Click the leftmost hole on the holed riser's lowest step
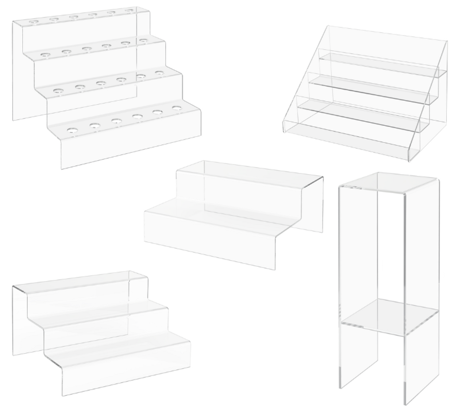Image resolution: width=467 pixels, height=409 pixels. pyautogui.click(x=72, y=130)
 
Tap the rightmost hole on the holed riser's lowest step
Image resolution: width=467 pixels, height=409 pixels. pyautogui.click(x=177, y=108)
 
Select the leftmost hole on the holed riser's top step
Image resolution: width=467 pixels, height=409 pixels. pyautogui.click(x=33, y=22)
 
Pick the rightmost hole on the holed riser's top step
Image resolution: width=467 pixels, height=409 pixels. pyautogui.click(x=129, y=11)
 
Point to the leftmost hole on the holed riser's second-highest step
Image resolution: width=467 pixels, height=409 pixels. pyautogui.click(x=45, y=55)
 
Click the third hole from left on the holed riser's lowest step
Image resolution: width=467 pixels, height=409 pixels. pyautogui.click(x=116, y=121)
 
